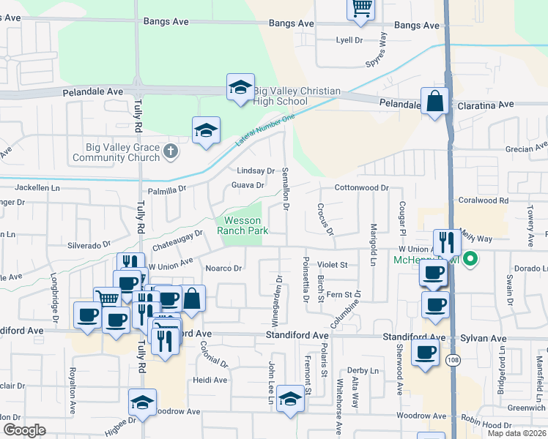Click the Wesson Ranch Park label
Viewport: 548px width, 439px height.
coord(242,225)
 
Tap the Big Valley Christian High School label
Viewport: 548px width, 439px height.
coord(296,96)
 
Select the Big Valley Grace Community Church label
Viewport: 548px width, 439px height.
coord(122,152)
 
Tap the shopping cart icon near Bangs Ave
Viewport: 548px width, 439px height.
coord(360,8)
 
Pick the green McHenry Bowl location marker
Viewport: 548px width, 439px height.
coord(470,258)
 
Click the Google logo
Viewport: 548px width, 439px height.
coord(24,429)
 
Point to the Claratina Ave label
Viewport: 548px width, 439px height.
coord(486,105)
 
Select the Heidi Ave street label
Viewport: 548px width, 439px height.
coord(210,380)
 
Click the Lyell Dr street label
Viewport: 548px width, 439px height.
coord(349,40)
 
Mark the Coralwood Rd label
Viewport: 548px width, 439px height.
coord(483,200)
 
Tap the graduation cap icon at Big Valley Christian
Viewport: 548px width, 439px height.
coord(240,87)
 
